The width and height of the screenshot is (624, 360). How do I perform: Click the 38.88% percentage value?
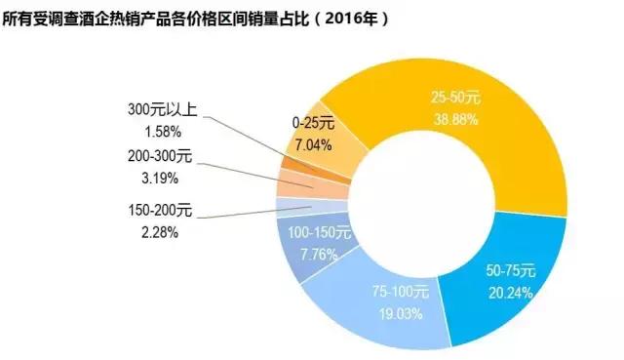(x=456, y=118)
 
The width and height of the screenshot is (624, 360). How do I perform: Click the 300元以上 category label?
(x=163, y=111)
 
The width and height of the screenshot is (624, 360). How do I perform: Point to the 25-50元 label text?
(x=456, y=98)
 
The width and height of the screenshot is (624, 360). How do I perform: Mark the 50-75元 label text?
(x=511, y=269)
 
